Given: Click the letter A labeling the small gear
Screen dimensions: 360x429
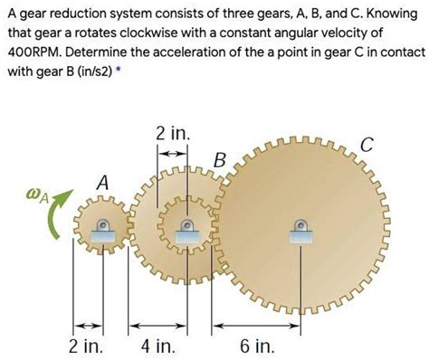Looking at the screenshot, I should (102, 184).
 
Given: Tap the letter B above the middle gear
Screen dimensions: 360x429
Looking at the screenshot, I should (218, 161).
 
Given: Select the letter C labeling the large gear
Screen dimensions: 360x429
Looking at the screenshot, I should (366, 146).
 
